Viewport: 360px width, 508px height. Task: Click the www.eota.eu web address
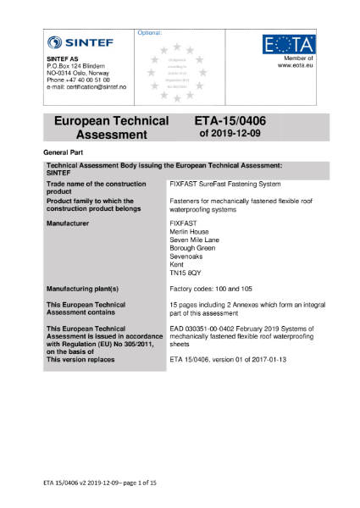pyautogui.click(x=296, y=64)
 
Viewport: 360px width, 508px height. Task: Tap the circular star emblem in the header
pyautogui.click(x=176, y=71)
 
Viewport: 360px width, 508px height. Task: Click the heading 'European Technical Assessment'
pyautogui.click(x=111, y=128)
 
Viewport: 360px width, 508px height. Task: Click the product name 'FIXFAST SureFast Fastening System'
pyautogui.click(x=224, y=184)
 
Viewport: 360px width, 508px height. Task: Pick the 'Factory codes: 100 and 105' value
pyautogui.click(x=211, y=288)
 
